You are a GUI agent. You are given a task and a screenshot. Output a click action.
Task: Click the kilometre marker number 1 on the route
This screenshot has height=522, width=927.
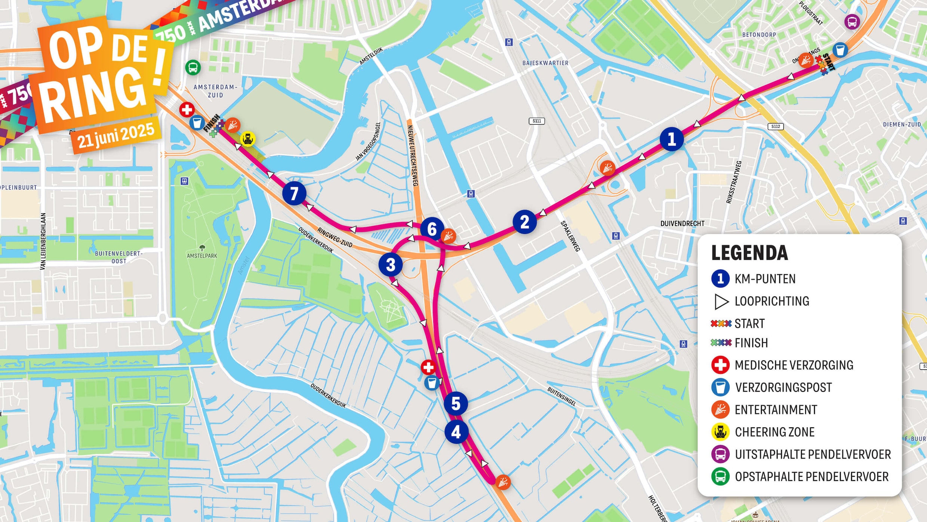671,139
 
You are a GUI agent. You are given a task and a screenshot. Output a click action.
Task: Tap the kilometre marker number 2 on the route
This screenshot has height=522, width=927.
524,222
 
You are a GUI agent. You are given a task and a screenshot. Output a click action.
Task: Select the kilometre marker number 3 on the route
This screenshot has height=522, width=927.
391,265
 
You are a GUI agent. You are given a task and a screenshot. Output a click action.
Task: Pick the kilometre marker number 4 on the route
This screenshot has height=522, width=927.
456,432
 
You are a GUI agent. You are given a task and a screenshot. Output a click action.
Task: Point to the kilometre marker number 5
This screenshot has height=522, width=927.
456,403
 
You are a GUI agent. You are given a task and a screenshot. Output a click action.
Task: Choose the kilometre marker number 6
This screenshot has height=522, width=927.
432,229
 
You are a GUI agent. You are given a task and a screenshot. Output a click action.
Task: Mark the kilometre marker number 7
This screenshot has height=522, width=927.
294,193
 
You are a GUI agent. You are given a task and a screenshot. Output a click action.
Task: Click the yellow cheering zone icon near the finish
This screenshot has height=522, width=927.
247,139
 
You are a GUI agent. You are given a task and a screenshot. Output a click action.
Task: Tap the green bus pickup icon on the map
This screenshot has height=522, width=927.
193,68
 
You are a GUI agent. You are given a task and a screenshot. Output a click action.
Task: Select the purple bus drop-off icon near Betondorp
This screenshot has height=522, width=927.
852,22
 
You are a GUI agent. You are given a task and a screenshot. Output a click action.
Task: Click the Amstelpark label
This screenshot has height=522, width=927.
202,256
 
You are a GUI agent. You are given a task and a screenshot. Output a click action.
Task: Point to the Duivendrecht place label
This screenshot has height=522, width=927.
682,223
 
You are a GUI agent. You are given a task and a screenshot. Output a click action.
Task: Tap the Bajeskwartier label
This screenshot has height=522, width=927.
545,63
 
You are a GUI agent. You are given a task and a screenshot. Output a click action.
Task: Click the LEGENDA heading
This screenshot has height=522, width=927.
749,253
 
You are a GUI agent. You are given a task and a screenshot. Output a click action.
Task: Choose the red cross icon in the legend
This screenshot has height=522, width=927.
720,365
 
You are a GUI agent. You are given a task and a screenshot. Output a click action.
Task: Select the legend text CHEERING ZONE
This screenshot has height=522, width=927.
774,432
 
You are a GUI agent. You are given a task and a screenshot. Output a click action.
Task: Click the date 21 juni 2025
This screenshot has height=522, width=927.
116,135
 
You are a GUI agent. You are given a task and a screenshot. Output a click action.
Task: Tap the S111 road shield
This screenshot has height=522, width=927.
537,121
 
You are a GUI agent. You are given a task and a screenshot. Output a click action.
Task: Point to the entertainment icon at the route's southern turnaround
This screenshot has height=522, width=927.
503,482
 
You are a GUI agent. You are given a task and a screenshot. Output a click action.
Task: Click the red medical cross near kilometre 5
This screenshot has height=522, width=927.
428,367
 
